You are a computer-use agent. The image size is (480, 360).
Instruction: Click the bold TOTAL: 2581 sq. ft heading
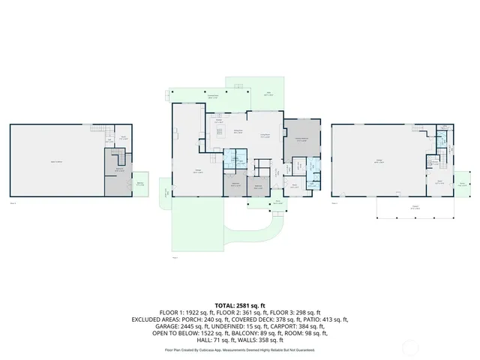239,305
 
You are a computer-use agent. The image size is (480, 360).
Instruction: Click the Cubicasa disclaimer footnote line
239,349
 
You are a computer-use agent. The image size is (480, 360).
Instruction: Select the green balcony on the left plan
140,183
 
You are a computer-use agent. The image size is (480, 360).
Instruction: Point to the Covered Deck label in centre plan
212,96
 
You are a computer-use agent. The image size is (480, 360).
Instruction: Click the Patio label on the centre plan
268,94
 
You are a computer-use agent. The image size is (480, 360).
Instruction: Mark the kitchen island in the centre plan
220,131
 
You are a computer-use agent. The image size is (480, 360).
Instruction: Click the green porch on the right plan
463,184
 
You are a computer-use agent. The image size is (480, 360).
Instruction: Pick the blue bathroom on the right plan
434,162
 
